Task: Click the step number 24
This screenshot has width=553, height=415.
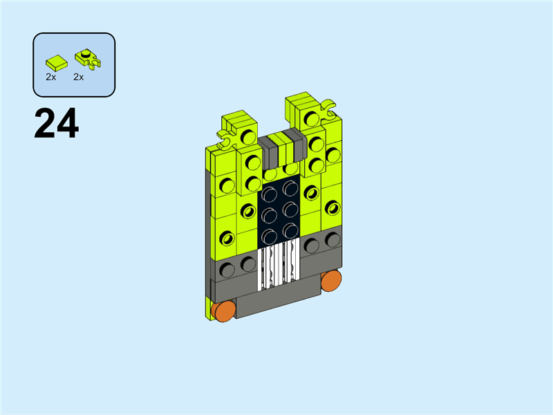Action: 57,124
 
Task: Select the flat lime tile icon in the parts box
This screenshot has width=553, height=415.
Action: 57,63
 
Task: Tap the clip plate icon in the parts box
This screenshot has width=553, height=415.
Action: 88,59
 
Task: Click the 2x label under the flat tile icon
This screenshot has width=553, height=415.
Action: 50,77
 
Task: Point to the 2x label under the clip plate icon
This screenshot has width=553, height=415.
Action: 78,77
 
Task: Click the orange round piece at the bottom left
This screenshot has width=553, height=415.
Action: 223,311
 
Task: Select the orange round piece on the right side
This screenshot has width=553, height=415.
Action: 331,281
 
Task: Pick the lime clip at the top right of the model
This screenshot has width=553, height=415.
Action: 328,109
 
